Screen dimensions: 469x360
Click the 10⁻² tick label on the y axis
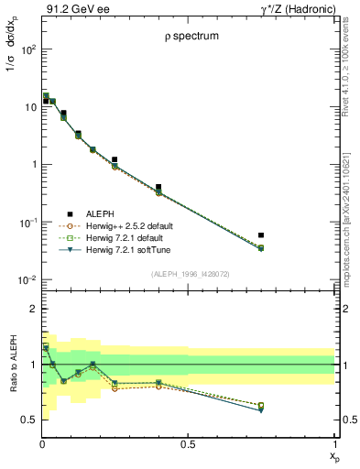coord(26,280)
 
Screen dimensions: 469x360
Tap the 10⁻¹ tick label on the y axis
coord(26,223)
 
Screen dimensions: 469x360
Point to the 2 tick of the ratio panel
coord(31,310)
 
